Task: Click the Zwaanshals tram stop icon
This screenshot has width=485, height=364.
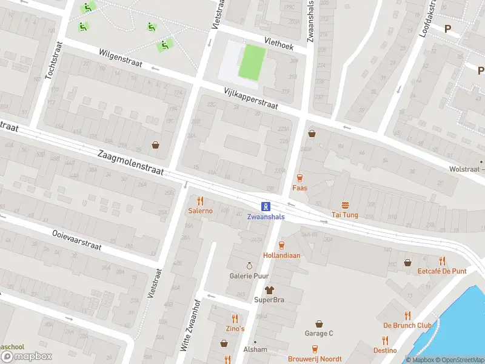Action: coord(266,206)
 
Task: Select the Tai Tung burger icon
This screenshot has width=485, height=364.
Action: coord(345,205)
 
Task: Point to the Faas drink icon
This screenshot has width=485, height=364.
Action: coord(299,178)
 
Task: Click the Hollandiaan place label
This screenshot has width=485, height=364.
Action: coord(281,255)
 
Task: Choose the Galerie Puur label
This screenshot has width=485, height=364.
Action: coord(249,276)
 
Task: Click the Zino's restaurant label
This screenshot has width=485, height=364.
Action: coord(235,329)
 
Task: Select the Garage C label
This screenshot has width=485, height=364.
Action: coord(318,334)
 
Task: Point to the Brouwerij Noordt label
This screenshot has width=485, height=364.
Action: coord(315,359)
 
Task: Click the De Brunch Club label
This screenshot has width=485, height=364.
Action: coord(407,326)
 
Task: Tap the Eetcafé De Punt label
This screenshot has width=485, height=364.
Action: coord(442,271)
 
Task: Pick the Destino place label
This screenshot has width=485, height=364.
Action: coord(385,351)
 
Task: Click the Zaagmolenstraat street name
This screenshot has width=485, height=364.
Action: coord(131,163)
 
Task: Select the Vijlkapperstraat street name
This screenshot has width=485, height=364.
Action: coord(250,98)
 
